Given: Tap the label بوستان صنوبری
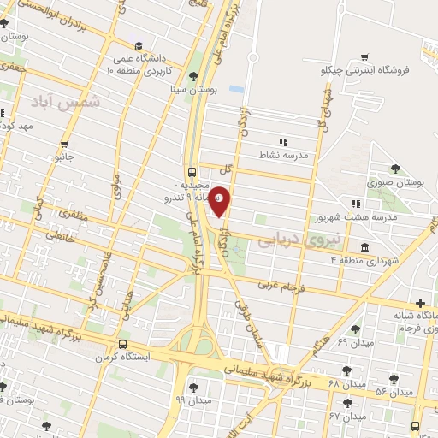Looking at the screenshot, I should (396, 183).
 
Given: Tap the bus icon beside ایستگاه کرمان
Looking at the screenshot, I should (122, 345).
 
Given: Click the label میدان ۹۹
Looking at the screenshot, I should (192, 400).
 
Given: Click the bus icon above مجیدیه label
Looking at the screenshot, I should (191, 170).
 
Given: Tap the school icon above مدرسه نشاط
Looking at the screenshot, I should (283, 143).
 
